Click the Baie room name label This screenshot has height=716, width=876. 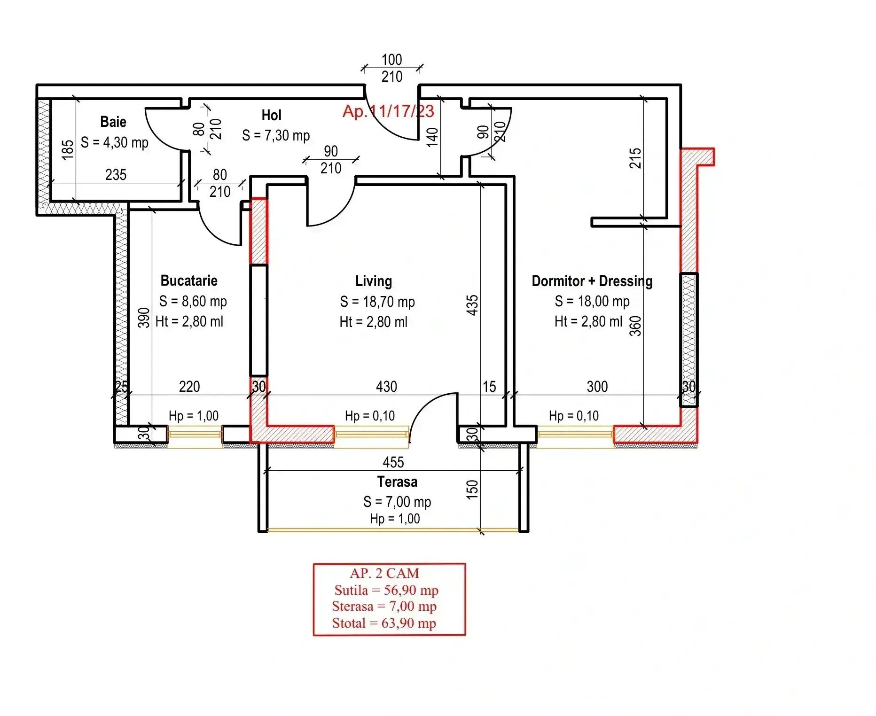tap(113, 122)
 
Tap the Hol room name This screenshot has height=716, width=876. tap(272, 115)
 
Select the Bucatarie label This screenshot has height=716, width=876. tap(189, 280)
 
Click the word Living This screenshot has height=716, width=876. tap(374, 281)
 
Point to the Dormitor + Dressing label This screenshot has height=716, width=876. tap(592, 281)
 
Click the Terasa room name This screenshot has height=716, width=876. tap(397, 482)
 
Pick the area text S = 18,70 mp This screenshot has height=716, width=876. tap(377, 302)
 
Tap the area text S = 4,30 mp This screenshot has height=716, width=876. tap(114, 142)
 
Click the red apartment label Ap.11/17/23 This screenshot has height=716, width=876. tap(388, 111)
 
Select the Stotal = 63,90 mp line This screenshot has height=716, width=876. tap(384, 623)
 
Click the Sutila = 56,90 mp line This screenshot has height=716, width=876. tap(386, 590)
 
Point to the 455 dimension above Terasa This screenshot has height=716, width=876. tap(393, 462)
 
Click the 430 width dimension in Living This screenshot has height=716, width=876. tap(386, 387)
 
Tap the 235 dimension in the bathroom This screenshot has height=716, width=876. tap(116, 175)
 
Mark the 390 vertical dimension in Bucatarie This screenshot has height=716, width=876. tap(144, 318)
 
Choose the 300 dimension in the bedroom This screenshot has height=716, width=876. tap(597, 387)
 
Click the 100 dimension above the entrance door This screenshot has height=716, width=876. tap(391, 60)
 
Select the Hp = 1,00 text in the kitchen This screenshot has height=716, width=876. tap(194, 416)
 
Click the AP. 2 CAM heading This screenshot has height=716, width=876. tap(384, 573)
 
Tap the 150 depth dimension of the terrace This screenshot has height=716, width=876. tap(472, 490)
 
